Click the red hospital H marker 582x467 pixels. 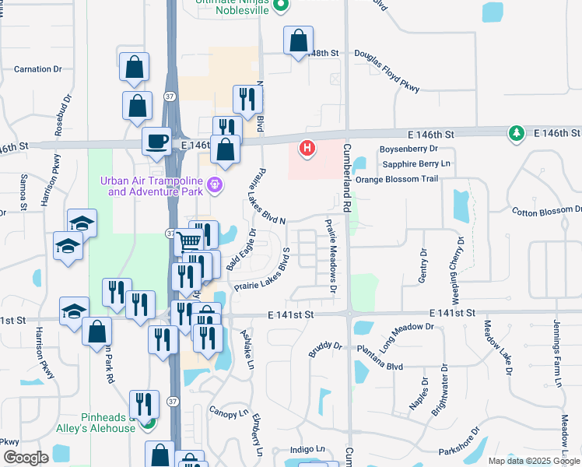click(x=307, y=147)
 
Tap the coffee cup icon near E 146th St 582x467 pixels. click(x=156, y=141)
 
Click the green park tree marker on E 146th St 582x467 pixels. click(x=516, y=134)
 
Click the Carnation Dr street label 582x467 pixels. click(x=37, y=69)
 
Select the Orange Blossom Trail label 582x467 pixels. click(x=397, y=179)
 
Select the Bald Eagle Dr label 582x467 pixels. click(x=241, y=250)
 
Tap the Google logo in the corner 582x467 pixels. click(x=26, y=457)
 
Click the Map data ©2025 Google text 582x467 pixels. click(x=533, y=461)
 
